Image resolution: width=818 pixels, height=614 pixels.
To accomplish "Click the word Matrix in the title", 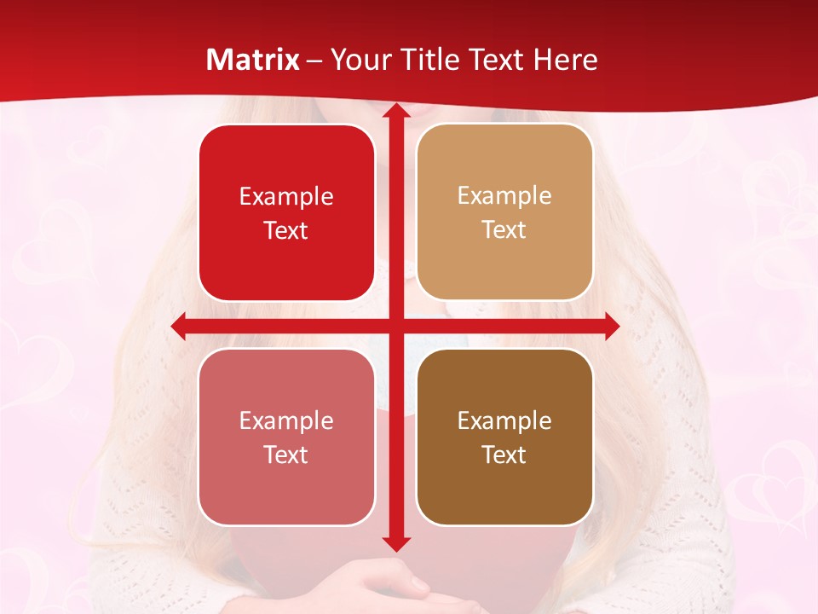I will pos(253,60).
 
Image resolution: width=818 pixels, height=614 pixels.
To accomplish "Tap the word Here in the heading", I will pos(565,60).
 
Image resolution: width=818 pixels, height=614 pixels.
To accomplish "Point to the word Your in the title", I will pos(359,60).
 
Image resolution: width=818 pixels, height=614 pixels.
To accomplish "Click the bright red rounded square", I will pos(286,212).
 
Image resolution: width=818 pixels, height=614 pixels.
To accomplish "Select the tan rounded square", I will pos(504,212).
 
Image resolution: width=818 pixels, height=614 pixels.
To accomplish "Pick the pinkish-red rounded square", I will pos(286,437).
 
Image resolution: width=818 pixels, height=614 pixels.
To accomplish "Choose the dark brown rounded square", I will pos(504,437).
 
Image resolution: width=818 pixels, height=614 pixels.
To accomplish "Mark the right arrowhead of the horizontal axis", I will pos(612,326).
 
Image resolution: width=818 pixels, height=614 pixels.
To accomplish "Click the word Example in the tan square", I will pos(504,195).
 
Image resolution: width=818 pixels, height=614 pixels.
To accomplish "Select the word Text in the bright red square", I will pos(286,230).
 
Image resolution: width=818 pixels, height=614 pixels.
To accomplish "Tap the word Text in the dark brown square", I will pos(504,455).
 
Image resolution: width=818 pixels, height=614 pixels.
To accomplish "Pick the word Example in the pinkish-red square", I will pos(286,420).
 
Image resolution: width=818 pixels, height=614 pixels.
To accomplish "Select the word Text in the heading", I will pos(494,60).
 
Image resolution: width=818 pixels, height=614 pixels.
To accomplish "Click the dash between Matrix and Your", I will pos(314,61).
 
